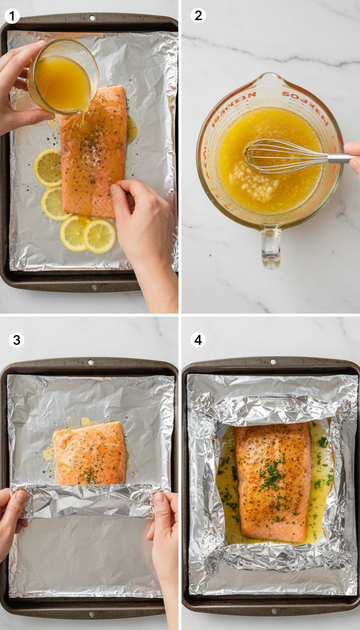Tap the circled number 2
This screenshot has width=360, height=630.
(x=198, y=15)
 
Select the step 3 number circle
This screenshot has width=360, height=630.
(x=16, y=340)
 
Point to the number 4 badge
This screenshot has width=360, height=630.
(x=198, y=340)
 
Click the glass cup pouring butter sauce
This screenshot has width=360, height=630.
(x=64, y=77)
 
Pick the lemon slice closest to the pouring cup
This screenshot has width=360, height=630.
(x=48, y=167)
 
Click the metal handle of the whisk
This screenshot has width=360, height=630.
(x=340, y=158)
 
